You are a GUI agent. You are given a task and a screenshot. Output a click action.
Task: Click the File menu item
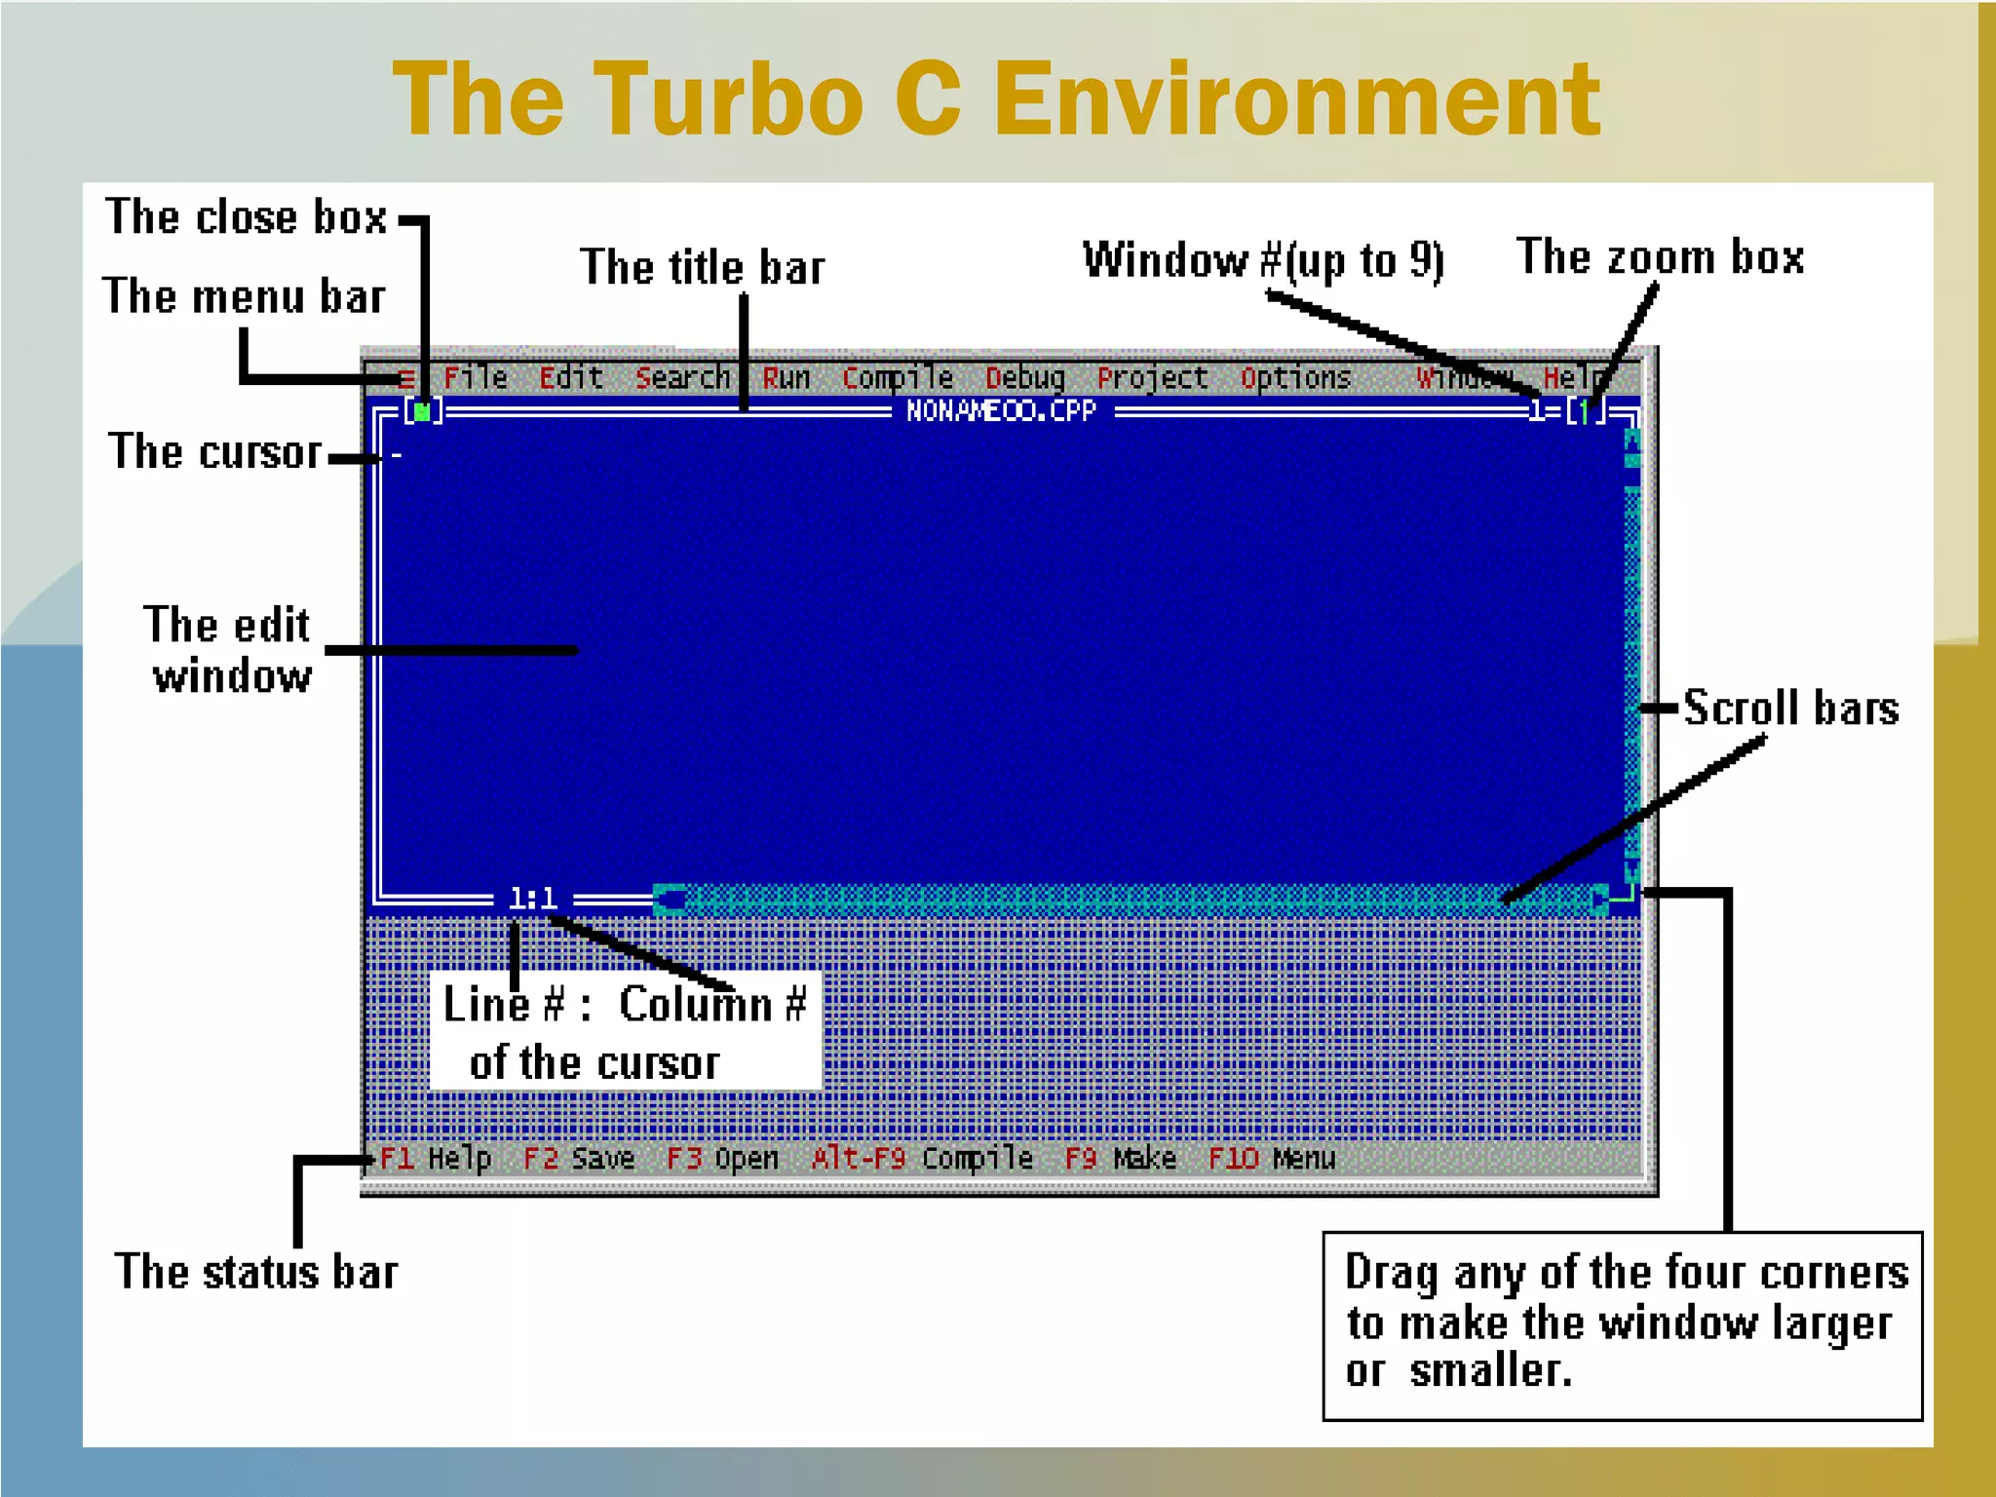tap(476, 377)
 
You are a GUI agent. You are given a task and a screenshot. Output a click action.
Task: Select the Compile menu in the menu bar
tap(897, 378)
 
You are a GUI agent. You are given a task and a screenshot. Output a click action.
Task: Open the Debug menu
tap(1024, 378)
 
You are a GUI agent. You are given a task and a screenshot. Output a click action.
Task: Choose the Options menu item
tap(1295, 378)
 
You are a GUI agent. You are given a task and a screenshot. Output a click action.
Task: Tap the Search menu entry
tap(682, 377)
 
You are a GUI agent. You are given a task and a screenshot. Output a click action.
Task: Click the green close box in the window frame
tap(422, 412)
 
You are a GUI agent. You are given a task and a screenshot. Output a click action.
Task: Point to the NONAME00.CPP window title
tap(1001, 411)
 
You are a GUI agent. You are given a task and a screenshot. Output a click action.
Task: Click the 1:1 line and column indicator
tap(532, 899)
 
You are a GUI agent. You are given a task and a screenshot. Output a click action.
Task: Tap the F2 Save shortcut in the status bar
tap(579, 1158)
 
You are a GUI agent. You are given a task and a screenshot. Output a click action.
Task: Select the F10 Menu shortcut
tap(1271, 1158)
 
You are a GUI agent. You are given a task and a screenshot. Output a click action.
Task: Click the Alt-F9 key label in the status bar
tap(859, 1158)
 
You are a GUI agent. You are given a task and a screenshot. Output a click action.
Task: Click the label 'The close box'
tap(246, 217)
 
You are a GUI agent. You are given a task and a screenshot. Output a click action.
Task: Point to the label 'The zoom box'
tap(1660, 258)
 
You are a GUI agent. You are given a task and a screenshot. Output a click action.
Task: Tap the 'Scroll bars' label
tap(1791, 708)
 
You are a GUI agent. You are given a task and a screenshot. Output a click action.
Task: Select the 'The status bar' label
tap(256, 1273)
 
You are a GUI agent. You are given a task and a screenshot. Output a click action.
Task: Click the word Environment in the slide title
tap(1296, 99)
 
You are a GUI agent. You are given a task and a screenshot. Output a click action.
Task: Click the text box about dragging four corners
tap(1623, 1324)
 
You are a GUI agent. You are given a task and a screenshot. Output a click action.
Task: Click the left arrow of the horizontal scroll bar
tap(669, 899)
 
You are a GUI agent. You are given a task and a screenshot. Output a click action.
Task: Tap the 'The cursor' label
tap(214, 453)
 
